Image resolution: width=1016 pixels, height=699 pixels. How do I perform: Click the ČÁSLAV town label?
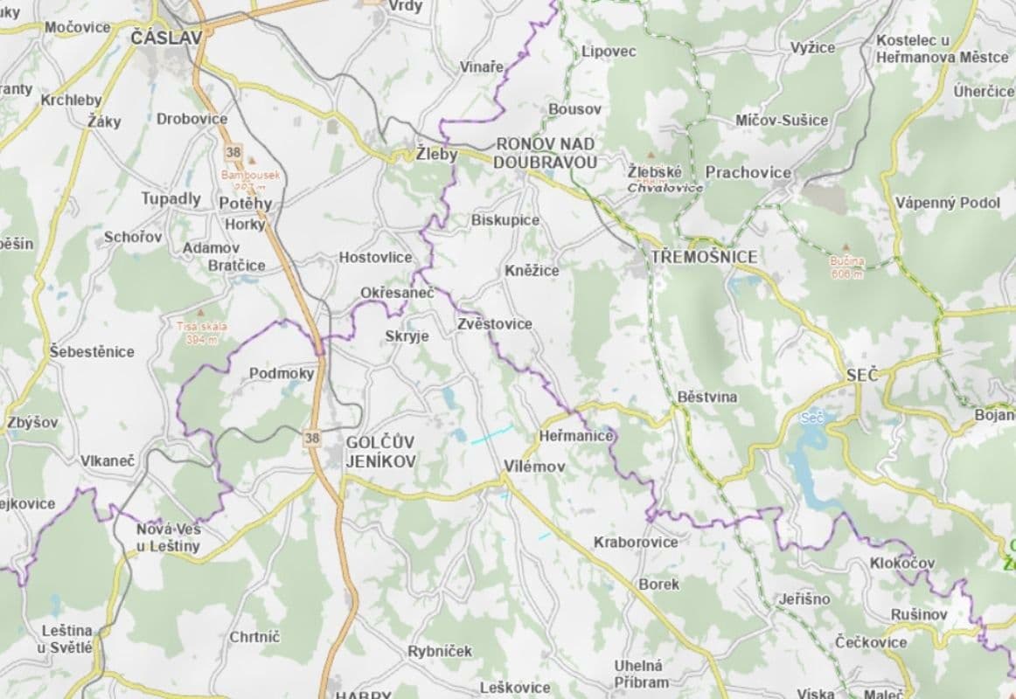click(165, 37)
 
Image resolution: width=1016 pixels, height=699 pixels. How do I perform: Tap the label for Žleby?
click(436, 156)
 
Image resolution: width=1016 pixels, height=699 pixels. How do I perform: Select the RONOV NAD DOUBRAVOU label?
click(546, 153)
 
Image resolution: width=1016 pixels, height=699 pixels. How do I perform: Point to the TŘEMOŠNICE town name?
click(704, 257)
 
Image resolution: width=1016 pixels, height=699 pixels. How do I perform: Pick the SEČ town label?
click(862, 375)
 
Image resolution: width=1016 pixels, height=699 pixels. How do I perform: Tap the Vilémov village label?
click(534, 467)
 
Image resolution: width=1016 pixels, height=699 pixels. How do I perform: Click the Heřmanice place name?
click(576, 435)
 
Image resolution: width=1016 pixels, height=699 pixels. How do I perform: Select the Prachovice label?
click(748, 172)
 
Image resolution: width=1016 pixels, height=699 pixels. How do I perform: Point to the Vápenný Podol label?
click(947, 203)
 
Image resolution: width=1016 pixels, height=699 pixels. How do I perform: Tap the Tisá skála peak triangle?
click(202, 312)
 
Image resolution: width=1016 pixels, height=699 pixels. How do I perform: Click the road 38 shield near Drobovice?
click(233, 152)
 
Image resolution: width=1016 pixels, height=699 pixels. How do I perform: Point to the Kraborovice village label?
click(635, 542)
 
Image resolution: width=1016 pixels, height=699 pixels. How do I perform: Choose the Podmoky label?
click(282, 373)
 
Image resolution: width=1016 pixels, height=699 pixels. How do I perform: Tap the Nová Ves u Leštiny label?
click(168, 537)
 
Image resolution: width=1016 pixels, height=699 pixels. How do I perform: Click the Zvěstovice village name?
click(494, 323)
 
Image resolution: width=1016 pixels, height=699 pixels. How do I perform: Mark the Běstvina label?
click(707, 397)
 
